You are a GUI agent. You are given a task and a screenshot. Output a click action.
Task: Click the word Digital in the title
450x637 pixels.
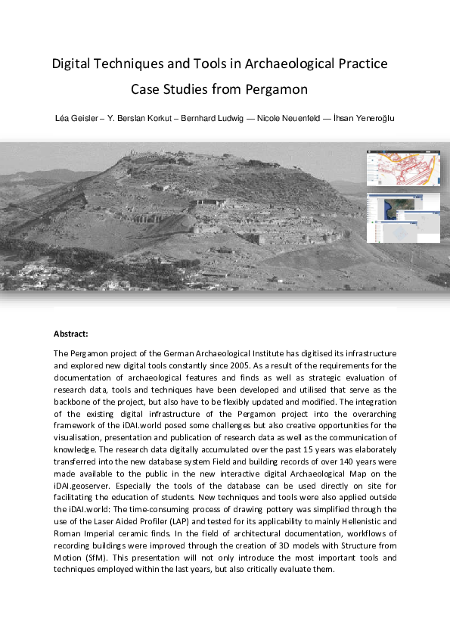(71, 64)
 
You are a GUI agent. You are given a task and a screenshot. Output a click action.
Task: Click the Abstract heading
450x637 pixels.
(71, 334)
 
